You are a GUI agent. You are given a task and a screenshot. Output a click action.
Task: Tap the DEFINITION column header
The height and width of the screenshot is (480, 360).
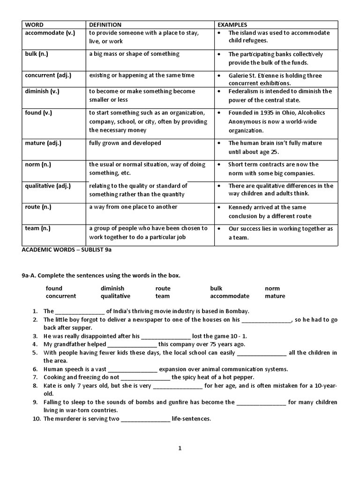tap(105, 24)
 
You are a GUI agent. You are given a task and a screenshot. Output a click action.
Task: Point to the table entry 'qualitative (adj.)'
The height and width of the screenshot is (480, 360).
tap(48, 186)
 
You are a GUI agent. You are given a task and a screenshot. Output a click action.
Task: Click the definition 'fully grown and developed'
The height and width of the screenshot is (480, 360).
tap(125, 143)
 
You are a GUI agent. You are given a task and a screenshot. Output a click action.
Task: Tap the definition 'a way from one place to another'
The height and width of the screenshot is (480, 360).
tap(133, 207)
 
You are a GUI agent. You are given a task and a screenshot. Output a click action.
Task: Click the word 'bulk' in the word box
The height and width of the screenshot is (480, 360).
tap(216, 288)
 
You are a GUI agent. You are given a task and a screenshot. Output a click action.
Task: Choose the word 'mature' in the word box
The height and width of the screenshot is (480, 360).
tap(275, 296)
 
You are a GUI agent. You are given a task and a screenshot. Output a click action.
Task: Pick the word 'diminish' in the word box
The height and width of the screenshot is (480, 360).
tap(112, 288)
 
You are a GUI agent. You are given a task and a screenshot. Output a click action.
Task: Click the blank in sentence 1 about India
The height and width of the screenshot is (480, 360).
tap(80, 311)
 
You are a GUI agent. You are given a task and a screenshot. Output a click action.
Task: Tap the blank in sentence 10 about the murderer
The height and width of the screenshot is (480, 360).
tap(145, 419)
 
